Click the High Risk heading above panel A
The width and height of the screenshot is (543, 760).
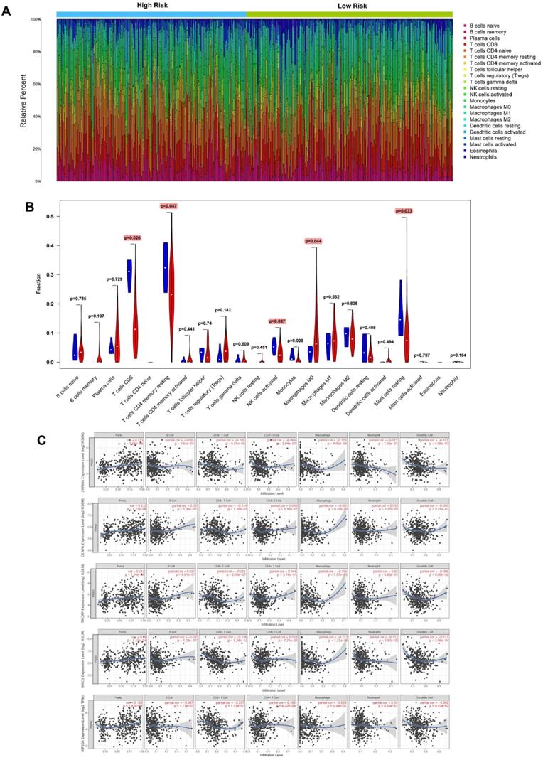tap(151, 5)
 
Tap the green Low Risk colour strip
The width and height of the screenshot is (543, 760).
tap(349, 14)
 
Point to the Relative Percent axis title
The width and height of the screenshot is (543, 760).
tap(24, 100)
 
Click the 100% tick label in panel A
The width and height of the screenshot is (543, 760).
tap(33, 19)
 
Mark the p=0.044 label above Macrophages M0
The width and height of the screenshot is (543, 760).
tap(310, 241)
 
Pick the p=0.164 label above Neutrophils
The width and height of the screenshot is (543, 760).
tap(459, 355)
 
